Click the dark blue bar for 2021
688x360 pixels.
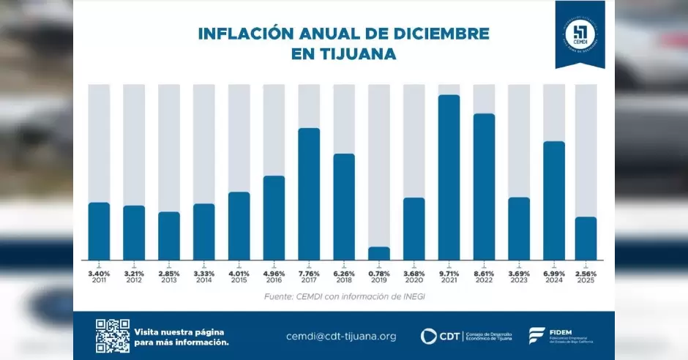pyautogui.click(x=449, y=177)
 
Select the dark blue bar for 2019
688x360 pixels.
pyautogui.click(x=378, y=253)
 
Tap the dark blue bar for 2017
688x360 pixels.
pyautogui.click(x=309, y=194)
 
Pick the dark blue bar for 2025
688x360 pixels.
pyautogui.click(x=586, y=238)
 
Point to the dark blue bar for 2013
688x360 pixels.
pyautogui.click(x=169, y=236)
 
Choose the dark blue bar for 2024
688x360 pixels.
pyautogui.click(x=554, y=200)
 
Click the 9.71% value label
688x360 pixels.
pyautogui.click(x=449, y=273)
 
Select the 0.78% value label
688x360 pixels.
pyautogui.click(x=378, y=273)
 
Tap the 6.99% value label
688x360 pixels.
pyautogui.click(x=554, y=273)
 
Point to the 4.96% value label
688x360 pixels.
pyautogui.click(x=274, y=273)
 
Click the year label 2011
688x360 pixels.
pyautogui.click(x=99, y=280)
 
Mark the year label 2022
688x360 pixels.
pyautogui.click(x=484, y=280)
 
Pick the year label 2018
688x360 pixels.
pyautogui.click(x=344, y=280)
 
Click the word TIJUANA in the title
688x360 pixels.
pyautogui.click(x=364, y=54)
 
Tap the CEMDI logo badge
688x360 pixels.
pyautogui.click(x=580, y=34)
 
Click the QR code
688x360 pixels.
pyautogui.click(x=112, y=336)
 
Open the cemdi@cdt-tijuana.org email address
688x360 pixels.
pyautogui.click(x=341, y=337)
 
